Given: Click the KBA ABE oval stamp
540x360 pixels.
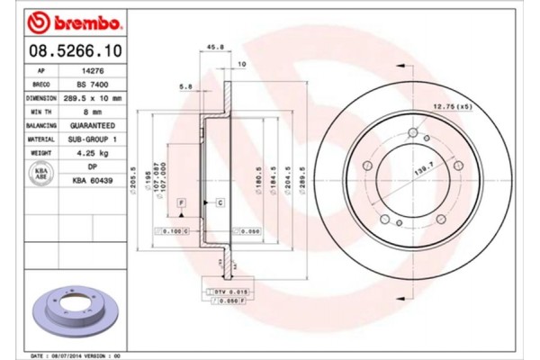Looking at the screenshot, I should [x=40, y=175].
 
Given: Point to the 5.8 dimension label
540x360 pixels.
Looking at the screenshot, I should [x=185, y=86].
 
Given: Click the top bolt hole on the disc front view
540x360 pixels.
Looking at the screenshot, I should [x=413, y=134].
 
